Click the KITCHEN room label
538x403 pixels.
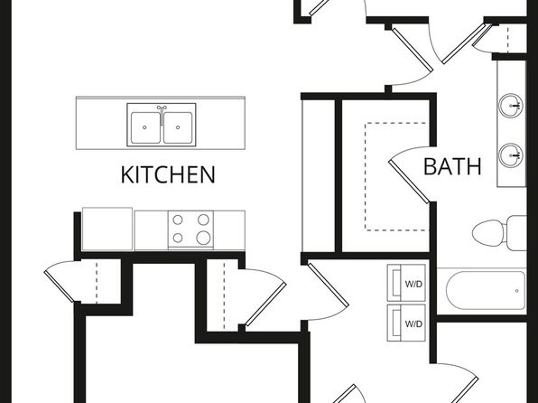click(x=168, y=174)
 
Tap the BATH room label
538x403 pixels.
click(x=452, y=166)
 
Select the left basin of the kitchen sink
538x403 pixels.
click(x=145, y=127)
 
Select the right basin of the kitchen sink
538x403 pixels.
click(x=178, y=127)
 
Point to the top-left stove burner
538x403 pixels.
click(x=178, y=220)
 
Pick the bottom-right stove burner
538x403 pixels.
click(x=203, y=238)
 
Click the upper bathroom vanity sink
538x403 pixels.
click(x=511, y=106)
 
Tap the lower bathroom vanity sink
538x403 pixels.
click(x=511, y=155)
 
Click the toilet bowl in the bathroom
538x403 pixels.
click(x=488, y=232)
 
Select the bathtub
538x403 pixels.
click(x=485, y=290)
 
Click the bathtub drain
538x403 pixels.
click(x=516, y=291)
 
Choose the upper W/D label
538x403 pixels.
click(x=413, y=285)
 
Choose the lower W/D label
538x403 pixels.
click(x=413, y=324)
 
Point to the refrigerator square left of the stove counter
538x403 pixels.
click(x=107, y=230)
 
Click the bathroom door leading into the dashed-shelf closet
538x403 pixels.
click(x=409, y=181)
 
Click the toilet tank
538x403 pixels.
click(x=516, y=233)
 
